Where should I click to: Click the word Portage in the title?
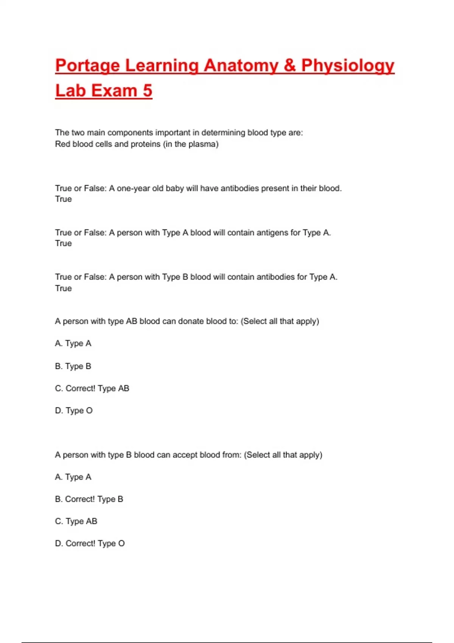tap(88, 66)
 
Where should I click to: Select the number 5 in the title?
tap(147, 91)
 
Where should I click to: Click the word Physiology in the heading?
tap(348, 66)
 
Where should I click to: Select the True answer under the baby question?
tap(63, 199)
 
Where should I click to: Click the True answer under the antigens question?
tap(63, 244)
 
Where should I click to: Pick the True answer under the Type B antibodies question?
tap(63, 288)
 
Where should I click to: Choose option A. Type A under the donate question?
tap(73, 343)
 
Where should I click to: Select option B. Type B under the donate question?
tap(73, 366)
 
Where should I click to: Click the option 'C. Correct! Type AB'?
tap(92, 388)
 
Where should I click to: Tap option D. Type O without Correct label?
tap(74, 411)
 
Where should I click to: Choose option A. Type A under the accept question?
tap(73, 477)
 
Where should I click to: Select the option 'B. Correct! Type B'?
tap(89, 499)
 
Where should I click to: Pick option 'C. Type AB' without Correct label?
tap(76, 522)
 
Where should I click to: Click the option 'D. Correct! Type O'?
tap(90, 544)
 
